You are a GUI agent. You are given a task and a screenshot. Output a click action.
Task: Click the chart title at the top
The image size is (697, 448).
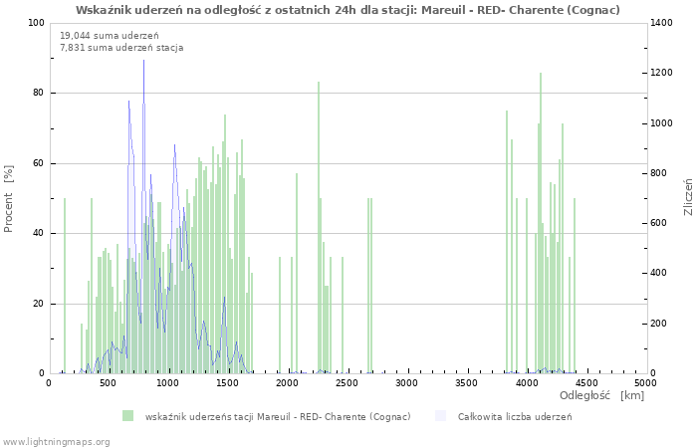tap(348, 10)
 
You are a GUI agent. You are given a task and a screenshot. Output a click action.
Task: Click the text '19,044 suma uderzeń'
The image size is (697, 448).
tap(102, 36)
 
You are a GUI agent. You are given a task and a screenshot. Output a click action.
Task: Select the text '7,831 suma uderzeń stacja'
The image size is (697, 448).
tap(121, 47)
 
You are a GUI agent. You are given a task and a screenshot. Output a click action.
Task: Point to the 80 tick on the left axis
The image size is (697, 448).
tap(38, 94)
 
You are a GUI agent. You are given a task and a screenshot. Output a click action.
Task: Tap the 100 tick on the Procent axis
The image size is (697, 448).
tap(36, 23)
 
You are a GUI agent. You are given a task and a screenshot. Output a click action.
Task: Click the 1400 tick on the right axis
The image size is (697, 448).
tap(664, 23)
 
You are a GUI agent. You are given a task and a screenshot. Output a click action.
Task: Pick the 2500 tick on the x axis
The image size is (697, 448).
tap(348, 382)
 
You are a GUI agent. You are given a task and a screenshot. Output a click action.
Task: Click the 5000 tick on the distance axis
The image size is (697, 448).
tap(645, 382)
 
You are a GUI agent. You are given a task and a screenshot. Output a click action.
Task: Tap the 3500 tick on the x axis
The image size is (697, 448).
tap(467, 382)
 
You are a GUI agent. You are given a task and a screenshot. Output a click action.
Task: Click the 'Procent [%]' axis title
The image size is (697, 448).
tap(9, 199)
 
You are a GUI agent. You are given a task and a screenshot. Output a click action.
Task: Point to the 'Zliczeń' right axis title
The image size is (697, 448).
tap(687, 199)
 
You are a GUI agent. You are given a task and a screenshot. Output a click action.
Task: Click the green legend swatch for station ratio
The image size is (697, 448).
tap(127, 416)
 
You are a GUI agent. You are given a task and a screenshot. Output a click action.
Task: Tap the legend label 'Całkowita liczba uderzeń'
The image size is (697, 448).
tap(514, 416)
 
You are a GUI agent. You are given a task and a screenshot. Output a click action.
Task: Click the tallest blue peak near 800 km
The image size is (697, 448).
tap(143, 62)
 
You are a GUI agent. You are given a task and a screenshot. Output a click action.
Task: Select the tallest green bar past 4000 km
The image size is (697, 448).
tap(541, 74)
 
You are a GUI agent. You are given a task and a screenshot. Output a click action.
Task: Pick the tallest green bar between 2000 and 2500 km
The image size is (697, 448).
tap(319, 83)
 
